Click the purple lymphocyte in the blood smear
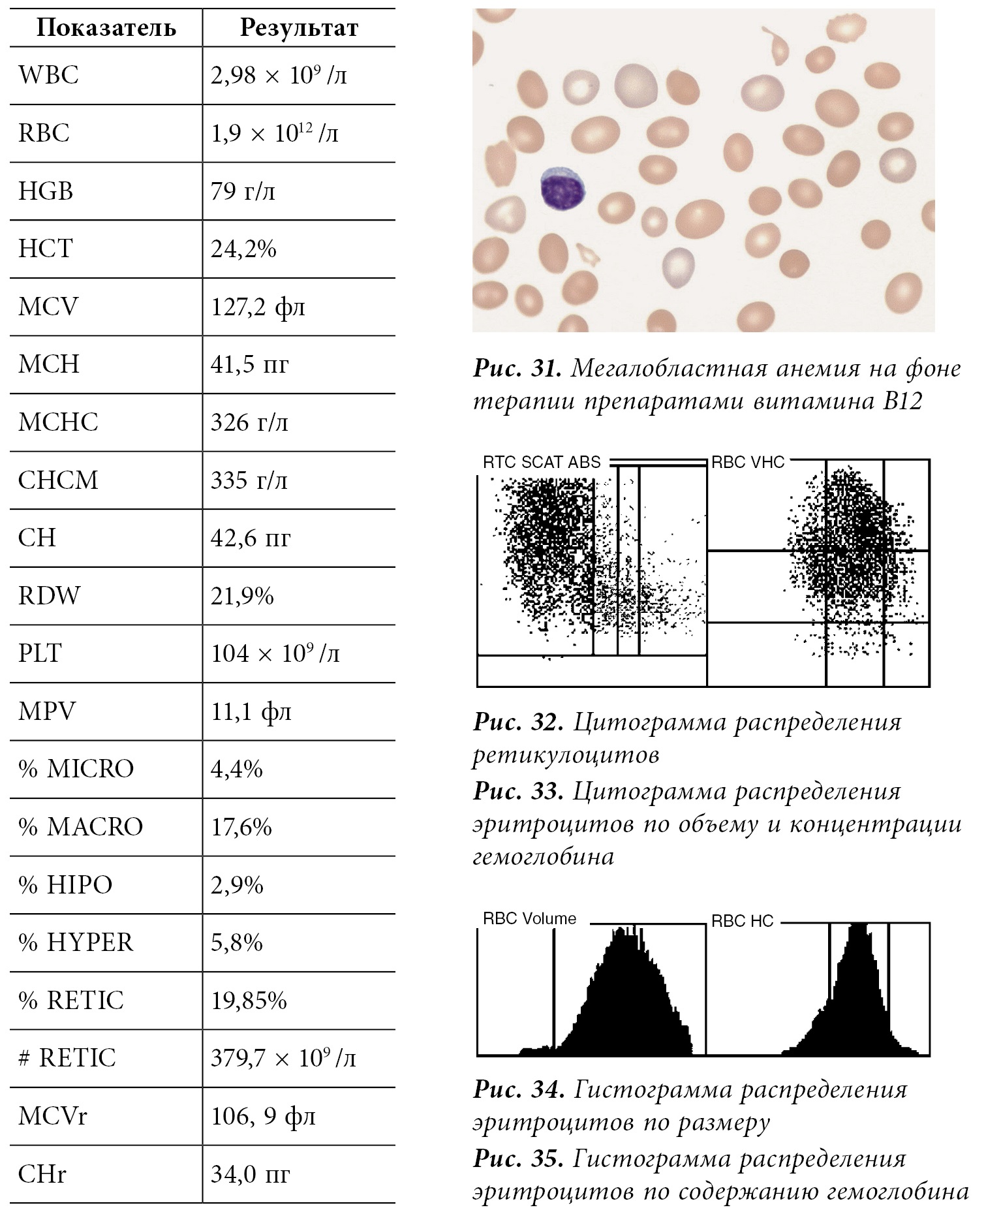562,189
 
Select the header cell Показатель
106,28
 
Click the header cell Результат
299,28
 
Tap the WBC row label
48,76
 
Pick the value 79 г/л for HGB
243,191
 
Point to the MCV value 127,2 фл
258,307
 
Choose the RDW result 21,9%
242,596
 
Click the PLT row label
40,653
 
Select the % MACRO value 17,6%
241,827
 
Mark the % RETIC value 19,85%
249,1001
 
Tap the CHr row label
42,1174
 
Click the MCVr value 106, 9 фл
263,1116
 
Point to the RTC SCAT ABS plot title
542,463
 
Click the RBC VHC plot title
747,463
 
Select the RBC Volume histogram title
529,919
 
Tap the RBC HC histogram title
742,921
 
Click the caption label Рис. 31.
517,369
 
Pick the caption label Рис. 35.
517,1159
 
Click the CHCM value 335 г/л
249,480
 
